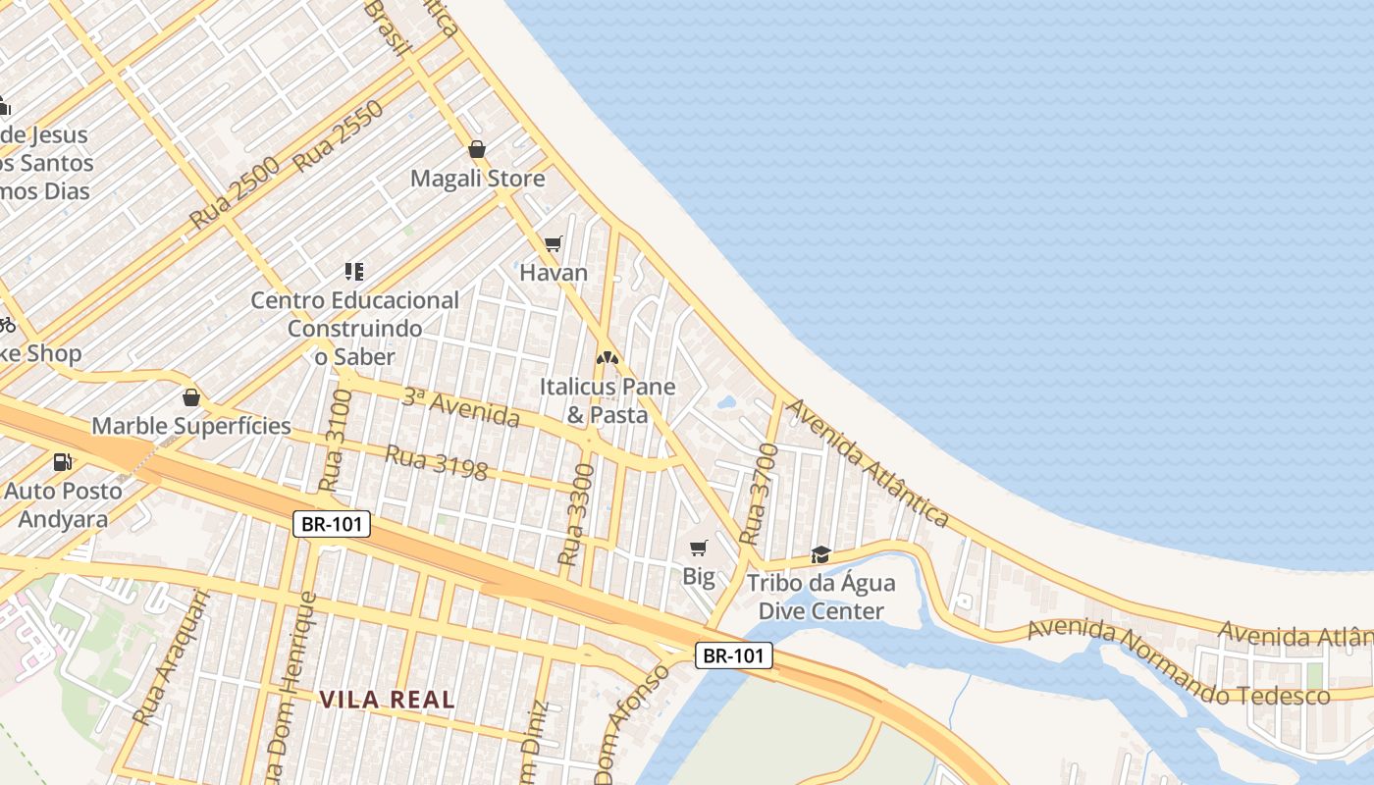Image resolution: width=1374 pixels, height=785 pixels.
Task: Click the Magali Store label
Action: (477, 179)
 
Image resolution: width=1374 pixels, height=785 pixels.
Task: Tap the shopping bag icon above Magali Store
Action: (477, 149)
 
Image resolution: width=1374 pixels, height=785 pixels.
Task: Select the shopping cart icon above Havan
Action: (554, 243)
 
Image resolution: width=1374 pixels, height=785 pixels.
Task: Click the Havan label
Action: (554, 273)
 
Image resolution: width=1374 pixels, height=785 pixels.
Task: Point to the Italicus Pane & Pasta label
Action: (608, 400)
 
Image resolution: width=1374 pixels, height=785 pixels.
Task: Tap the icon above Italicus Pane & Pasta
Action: (608, 358)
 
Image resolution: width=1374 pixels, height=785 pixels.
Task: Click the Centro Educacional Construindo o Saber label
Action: (354, 329)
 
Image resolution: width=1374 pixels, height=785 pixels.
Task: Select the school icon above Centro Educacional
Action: (354, 271)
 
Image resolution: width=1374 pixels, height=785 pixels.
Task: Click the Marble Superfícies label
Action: (191, 426)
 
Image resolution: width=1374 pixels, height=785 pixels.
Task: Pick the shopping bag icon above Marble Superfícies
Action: (191, 397)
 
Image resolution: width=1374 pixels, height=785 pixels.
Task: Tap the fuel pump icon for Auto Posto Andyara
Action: (63, 461)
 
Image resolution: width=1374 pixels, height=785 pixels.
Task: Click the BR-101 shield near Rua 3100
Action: (333, 524)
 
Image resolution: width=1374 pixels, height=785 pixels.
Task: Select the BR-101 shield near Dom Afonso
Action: (735, 655)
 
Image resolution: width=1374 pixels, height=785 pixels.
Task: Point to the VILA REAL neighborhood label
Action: (387, 700)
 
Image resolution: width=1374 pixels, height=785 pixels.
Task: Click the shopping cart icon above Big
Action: (699, 548)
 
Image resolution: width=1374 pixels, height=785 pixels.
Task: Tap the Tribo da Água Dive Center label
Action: (821, 597)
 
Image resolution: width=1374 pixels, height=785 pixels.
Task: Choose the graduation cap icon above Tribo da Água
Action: (821, 554)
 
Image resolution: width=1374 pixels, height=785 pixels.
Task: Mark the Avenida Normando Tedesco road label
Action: (1178, 662)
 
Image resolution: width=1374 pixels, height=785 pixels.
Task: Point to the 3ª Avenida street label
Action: (460, 407)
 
